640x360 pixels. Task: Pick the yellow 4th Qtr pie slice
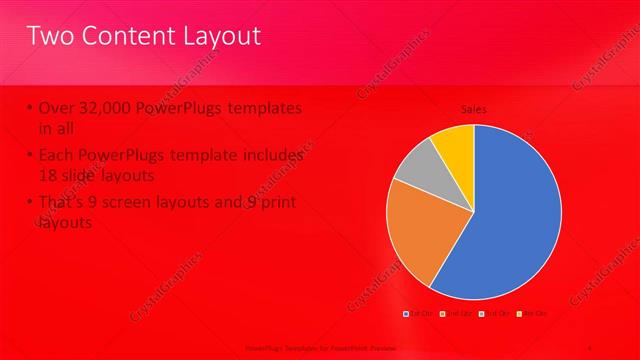pos(455,142)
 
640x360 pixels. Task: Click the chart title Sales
pos(473,109)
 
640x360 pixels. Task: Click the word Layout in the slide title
pos(216,37)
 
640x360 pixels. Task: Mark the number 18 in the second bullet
pos(49,174)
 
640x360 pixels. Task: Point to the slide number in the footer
pos(592,348)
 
